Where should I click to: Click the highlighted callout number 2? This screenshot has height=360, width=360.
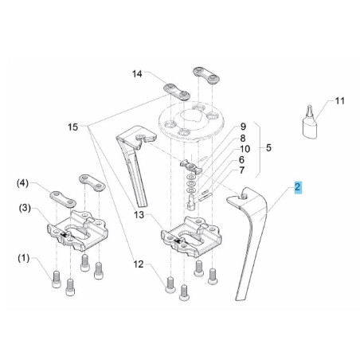click(297, 187)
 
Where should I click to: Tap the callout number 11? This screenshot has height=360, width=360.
click(339, 101)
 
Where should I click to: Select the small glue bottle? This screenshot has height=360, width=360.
click(310, 125)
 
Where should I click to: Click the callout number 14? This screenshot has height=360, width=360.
click(137, 74)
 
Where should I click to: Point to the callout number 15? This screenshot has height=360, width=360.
click(72, 127)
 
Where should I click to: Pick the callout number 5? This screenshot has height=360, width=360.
click(268, 147)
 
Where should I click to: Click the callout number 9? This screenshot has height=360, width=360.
click(243, 127)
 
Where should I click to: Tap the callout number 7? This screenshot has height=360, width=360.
click(241, 170)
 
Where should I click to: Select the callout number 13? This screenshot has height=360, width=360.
click(139, 214)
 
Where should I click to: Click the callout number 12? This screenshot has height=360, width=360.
click(139, 264)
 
